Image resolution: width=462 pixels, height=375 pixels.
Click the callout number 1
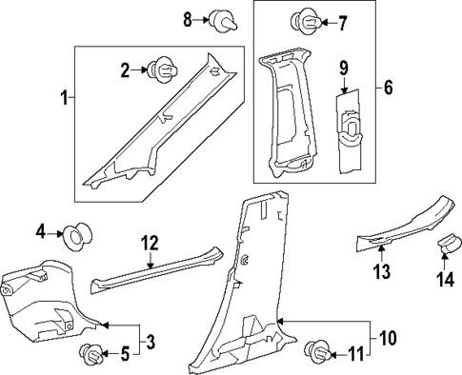pos(64,97)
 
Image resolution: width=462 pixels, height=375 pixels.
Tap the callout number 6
pos(387,88)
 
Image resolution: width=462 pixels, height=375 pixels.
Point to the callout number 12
pos(150,244)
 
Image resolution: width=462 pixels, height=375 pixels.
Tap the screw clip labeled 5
pos(93,353)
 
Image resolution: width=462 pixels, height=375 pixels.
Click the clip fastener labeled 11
pos(315,355)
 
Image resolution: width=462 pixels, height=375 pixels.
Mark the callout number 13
pos(381,274)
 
